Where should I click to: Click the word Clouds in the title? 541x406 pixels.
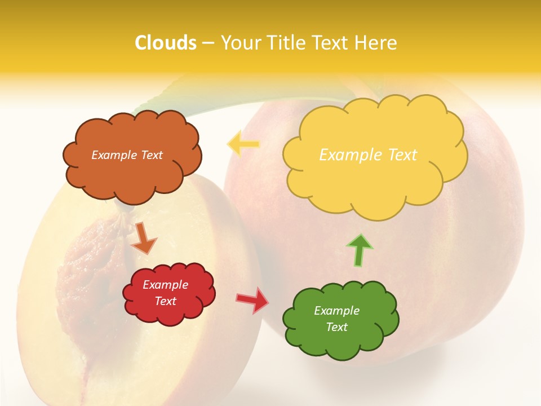pos(166,43)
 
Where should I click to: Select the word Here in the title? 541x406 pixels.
pos(376,43)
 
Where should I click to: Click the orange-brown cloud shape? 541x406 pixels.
pos(132,175)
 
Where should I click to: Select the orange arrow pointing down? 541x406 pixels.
pos(144,237)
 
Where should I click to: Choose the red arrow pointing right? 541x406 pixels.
pos(252,299)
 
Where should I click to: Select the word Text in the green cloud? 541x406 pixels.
pos(337,327)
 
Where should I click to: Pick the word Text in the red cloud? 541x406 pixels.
pos(166,301)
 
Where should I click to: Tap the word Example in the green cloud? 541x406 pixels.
pos(336,311)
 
